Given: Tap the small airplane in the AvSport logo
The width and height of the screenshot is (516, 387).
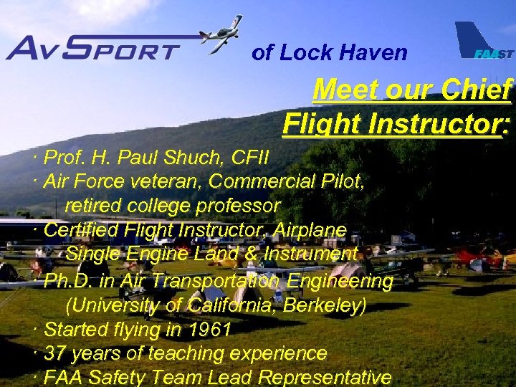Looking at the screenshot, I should click(220, 34).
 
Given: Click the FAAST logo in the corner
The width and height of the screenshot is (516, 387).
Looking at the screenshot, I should click(484, 43).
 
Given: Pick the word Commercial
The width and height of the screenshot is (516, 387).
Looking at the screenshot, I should click(259, 181).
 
